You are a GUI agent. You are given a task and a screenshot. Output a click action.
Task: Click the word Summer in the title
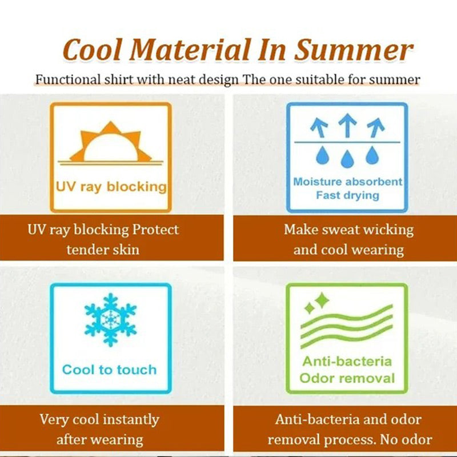pos(354,50)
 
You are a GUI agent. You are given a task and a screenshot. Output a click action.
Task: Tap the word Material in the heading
pos(190,50)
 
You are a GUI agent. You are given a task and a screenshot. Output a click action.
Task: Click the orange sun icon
pos(111,143)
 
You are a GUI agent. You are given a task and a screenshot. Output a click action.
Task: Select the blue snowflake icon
pos(110,320)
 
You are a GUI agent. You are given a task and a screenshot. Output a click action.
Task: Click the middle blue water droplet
pos(347,159)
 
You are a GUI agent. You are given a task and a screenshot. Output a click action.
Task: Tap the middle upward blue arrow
pos(347,125)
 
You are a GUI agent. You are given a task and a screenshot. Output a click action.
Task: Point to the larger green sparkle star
pos(322,300)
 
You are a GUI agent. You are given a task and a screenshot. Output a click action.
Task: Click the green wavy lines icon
pos(347,326)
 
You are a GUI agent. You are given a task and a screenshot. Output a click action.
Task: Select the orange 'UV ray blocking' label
pos(111,187)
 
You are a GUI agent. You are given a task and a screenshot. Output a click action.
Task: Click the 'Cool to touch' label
pos(110,370)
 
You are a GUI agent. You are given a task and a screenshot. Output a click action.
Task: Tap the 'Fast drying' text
pos(347,195)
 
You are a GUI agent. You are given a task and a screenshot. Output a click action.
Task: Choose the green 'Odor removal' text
pos(347,378)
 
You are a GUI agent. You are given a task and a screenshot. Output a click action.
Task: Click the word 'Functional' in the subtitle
pos(68,79)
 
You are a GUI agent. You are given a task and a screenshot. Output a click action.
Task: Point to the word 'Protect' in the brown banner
pos(155,230)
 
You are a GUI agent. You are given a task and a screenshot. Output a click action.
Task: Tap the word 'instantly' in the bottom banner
pos(131,420)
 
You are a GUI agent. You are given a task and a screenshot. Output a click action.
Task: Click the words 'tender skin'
pos(103,250)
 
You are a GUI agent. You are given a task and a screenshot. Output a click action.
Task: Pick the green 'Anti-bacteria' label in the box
pos(347,362)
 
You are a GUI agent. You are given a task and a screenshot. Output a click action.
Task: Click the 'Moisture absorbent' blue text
pos(348,182)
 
